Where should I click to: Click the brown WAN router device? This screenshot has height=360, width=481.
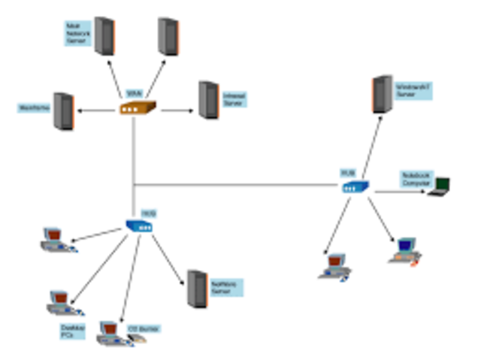point(137,108)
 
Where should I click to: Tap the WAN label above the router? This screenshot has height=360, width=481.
point(133,93)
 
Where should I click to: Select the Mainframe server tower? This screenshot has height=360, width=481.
point(64,111)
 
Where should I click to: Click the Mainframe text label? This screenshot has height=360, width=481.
point(33,108)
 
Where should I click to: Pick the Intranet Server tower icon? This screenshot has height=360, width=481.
point(207,99)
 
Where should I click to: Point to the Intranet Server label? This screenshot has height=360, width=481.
point(234,98)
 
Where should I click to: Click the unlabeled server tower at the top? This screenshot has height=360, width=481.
point(168,35)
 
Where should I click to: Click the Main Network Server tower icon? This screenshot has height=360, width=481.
point(104,35)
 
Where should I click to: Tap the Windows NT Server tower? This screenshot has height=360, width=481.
point(383,94)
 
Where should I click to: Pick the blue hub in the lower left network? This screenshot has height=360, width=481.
point(139,225)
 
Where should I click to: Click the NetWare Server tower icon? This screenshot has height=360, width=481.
point(197,288)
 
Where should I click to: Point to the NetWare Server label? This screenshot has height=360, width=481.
point(226,287)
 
